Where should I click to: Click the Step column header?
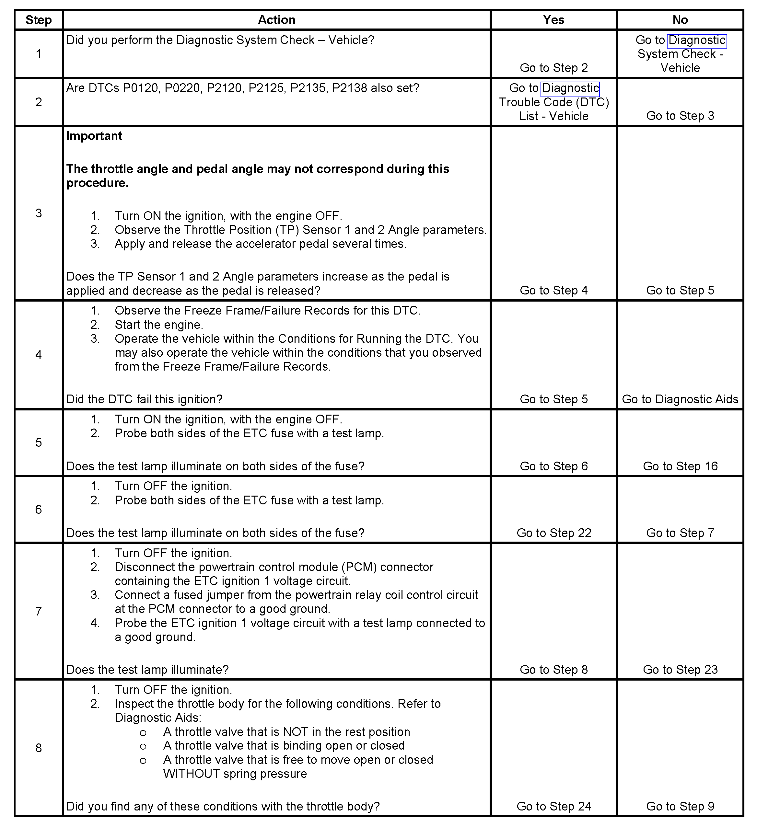tap(39, 20)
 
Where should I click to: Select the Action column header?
tap(276, 20)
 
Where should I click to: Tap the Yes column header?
tap(553, 20)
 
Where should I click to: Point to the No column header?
tap(680, 20)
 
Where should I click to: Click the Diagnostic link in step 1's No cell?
tap(697, 40)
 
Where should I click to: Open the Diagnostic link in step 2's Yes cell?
tap(570, 88)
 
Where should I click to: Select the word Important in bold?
tap(94, 136)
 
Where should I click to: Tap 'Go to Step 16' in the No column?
tap(680, 466)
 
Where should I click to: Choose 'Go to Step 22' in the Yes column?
tap(553, 533)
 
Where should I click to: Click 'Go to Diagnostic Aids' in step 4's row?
tap(680, 399)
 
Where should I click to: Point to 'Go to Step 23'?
tap(680, 670)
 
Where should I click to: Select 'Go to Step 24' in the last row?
tap(553, 807)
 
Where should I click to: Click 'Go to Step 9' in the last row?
tap(680, 807)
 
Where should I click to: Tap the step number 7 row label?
tap(39, 612)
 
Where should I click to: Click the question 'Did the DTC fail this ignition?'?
tap(145, 399)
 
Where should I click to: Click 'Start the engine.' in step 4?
tap(159, 325)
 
